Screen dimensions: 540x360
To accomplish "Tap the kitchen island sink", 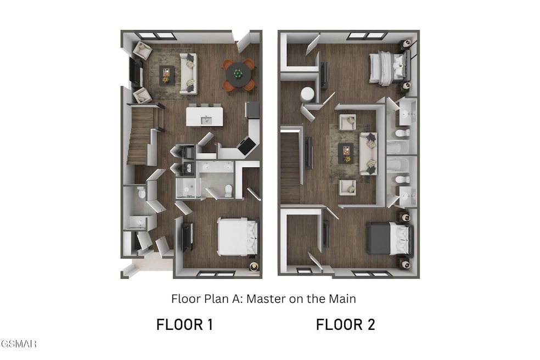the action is (x=206, y=120).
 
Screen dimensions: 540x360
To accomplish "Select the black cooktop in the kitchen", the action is (x=246, y=145).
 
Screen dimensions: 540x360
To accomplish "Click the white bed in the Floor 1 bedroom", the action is (x=238, y=237).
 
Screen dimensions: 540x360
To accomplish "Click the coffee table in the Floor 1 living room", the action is (x=167, y=75).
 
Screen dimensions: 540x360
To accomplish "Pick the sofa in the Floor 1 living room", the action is (x=188, y=74).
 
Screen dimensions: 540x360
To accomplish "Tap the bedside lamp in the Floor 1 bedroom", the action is (x=254, y=266).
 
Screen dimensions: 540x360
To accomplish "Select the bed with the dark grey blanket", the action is (x=390, y=238).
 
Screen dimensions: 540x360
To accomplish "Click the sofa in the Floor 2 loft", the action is (x=368, y=153).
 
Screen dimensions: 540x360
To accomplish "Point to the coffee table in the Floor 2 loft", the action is (x=346, y=153).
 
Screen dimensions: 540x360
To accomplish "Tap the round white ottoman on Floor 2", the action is (x=307, y=94).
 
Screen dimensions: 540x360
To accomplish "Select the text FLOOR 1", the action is (x=184, y=325).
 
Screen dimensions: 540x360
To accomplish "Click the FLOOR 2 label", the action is (x=345, y=325).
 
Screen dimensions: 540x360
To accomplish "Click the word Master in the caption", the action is (x=267, y=299).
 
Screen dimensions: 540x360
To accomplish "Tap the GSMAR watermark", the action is (x=19, y=344).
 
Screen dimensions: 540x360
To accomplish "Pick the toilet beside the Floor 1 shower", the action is (x=228, y=190).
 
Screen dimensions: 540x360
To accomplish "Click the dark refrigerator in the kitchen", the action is (x=252, y=110).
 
